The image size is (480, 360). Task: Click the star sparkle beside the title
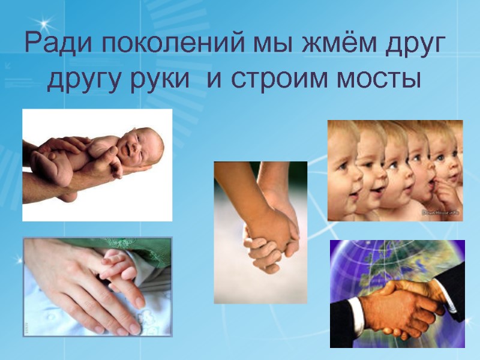pos(46,23)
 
